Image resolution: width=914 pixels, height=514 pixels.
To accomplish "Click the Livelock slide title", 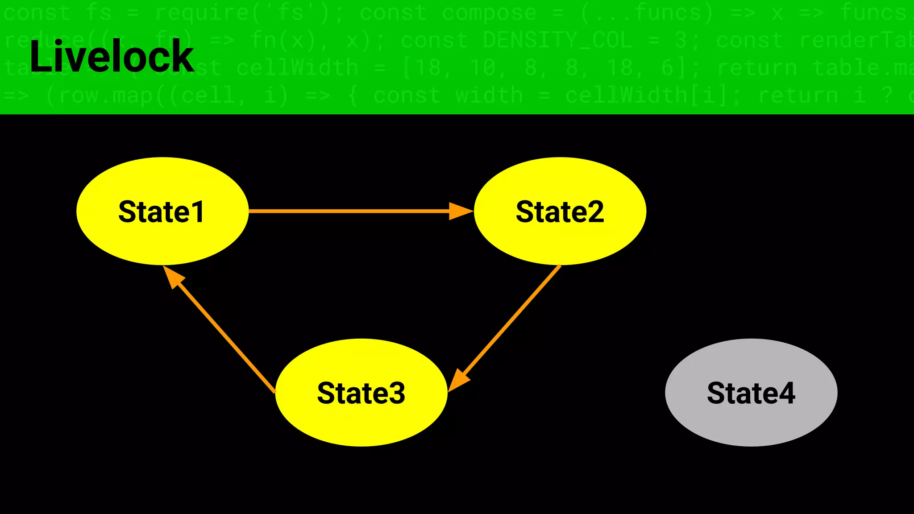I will [112, 56].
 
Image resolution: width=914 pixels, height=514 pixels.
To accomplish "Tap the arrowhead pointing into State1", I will [173, 277].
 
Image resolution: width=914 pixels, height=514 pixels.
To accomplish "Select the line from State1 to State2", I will [348, 211].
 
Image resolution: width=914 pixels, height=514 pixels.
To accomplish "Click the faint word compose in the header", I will [489, 13].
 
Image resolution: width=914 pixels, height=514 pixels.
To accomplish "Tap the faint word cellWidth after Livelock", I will [297, 68].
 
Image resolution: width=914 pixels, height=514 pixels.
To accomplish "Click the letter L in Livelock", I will [40, 56].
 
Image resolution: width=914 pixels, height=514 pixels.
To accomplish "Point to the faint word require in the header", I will [201, 13].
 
